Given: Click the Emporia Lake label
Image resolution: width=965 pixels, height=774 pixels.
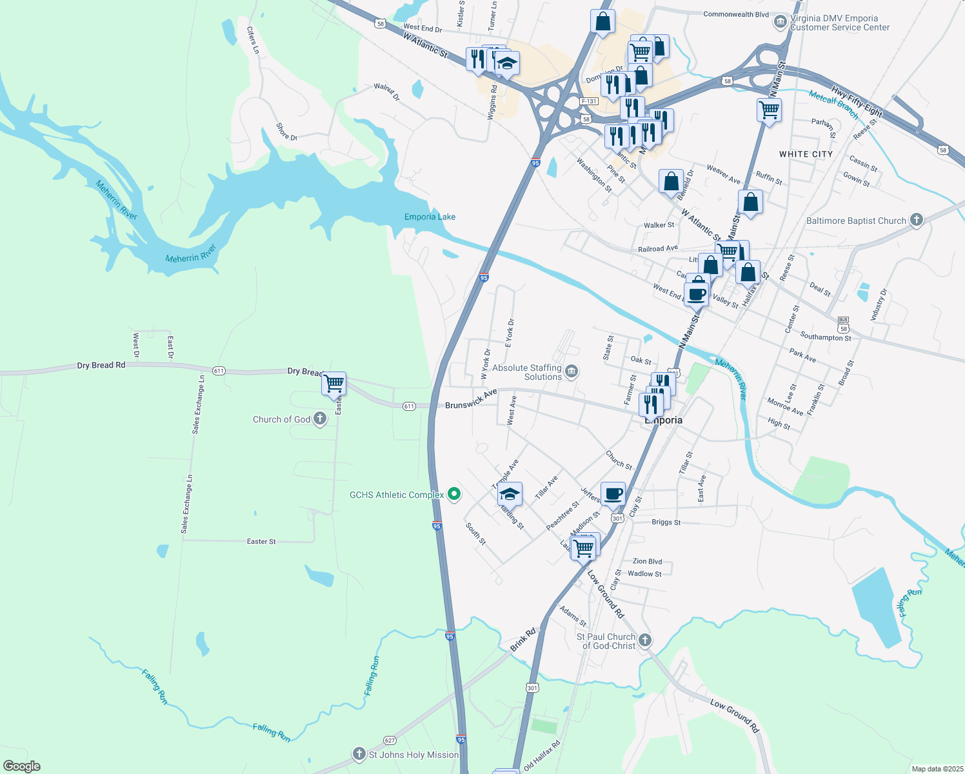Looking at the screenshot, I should click(430, 217).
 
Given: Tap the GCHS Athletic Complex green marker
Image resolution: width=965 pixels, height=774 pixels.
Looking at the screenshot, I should click(454, 495).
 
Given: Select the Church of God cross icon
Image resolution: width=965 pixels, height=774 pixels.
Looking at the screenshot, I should click(320, 419).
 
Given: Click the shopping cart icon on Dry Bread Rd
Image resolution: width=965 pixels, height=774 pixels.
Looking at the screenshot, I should click(334, 383).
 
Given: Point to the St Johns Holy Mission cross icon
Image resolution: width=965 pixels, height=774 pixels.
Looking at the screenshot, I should click(359, 754).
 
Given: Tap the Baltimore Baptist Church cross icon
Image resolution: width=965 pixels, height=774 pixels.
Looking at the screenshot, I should click(916, 220).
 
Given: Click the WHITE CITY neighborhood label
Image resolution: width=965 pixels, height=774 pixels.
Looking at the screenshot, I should click(806, 154).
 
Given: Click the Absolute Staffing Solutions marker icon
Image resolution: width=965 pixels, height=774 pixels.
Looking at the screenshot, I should click(571, 372).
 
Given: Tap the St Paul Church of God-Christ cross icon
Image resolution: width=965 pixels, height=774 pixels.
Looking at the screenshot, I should click(645, 640).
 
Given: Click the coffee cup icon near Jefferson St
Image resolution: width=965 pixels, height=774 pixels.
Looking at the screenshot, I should click(613, 494).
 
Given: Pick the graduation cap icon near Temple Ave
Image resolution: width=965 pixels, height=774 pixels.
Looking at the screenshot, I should click(510, 494).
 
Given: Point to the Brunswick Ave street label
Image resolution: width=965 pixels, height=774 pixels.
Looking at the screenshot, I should click(471, 399).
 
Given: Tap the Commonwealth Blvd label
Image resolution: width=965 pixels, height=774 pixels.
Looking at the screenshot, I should click(736, 14).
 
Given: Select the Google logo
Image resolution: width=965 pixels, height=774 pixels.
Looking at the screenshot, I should click(22, 766).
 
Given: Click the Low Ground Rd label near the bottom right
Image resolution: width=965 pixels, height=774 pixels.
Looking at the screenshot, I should click(735, 716).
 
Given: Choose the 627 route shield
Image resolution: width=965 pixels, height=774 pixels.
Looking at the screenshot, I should click(390, 740).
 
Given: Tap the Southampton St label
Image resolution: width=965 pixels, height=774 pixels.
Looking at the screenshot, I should click(826, 337).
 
